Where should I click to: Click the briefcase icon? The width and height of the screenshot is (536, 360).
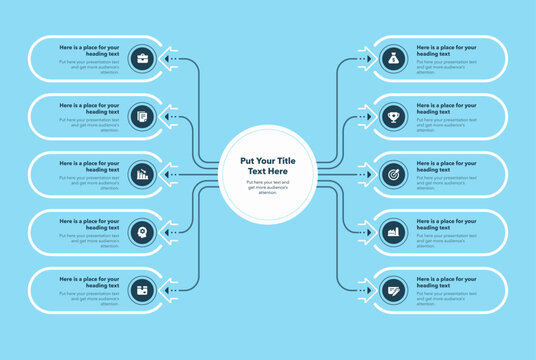tap(142, 58)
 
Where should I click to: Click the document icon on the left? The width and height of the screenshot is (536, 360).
tap(142, 116)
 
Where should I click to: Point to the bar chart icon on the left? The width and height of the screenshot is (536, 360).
tap(142, 174)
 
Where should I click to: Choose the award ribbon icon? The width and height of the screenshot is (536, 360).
tap(142, 232)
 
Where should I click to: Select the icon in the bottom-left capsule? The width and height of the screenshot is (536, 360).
tap(142, 290)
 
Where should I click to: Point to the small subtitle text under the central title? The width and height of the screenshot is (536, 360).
tap(268, 186)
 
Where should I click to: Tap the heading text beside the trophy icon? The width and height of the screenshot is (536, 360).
tap(446, 108)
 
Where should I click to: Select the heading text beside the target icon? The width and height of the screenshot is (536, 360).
tap(446, 166)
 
